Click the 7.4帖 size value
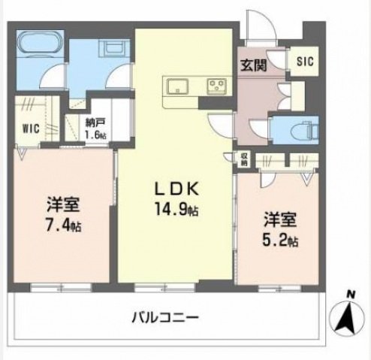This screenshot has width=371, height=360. click(64, 224)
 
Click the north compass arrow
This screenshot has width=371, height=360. click(346, 318)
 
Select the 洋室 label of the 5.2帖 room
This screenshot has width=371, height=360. click(280, 221)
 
